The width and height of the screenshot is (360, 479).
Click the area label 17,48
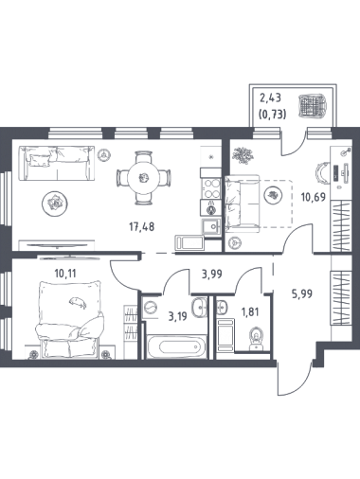pyautogui.click(x=142, y=226)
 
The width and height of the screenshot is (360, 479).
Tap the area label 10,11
pyautogui.click(x=65, y=274)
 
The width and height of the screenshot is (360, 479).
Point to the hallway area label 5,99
pyautogui.click(x=302, y=294)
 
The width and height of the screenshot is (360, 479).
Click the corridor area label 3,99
pyautogui.click(x=211, y=274)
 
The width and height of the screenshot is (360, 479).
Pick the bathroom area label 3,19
pyautogui.click(x=178, y=316)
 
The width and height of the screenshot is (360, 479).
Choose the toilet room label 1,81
pyautogui.click(x=249, y=312)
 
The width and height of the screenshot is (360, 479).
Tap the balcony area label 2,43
pyautogui.click(x=270, y=98)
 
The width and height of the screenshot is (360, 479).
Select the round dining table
pyautogui.click(x=144, y=178)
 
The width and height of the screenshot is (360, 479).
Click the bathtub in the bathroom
pyautogui.click(x=177, y=347)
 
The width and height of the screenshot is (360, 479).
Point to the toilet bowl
pyautogui.click(x=256, y=338)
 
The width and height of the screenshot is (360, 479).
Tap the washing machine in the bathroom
pyautogui.click(x=151, y=307)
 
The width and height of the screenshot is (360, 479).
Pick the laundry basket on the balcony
pyautogui.click(x=312, y=105)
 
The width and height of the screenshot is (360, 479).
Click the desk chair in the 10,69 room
pyautogui.click(x=321, y=174)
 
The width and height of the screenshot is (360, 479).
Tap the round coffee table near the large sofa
pyautogui.click(x=55, y=203)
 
